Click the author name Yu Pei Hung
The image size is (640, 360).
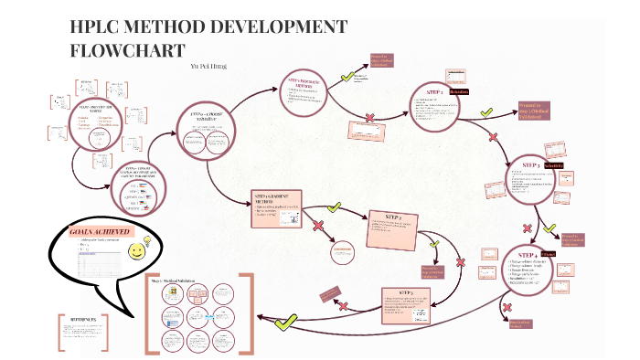[x=208, y=67]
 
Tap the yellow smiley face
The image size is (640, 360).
[x=138, y=249]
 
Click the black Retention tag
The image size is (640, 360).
[x=459, y=92]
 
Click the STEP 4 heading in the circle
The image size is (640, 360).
[x=527, y=253]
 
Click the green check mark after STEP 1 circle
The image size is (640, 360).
[x=487, y=111]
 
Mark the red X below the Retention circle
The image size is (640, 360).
[x=494, y=138]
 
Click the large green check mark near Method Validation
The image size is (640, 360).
[x=286, y=321]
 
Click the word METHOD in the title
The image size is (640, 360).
[x=175, y=28]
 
